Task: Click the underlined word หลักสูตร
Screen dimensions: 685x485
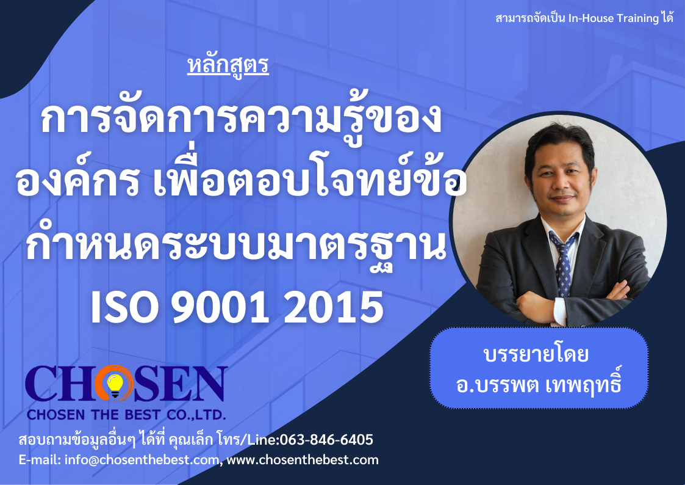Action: coord(228,65)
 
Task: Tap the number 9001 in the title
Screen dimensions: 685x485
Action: coord(220,307)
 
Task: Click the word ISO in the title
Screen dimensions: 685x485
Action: coord(124,307)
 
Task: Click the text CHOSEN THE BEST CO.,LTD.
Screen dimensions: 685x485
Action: coord(126,414)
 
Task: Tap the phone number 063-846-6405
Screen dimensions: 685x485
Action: coord(326,440)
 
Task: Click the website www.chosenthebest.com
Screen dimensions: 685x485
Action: coord(303,459)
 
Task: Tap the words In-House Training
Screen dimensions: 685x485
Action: coord(614,18)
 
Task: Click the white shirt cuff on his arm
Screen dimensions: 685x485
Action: coord(559,312)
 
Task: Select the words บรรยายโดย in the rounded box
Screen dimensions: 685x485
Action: coord(536,354)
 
